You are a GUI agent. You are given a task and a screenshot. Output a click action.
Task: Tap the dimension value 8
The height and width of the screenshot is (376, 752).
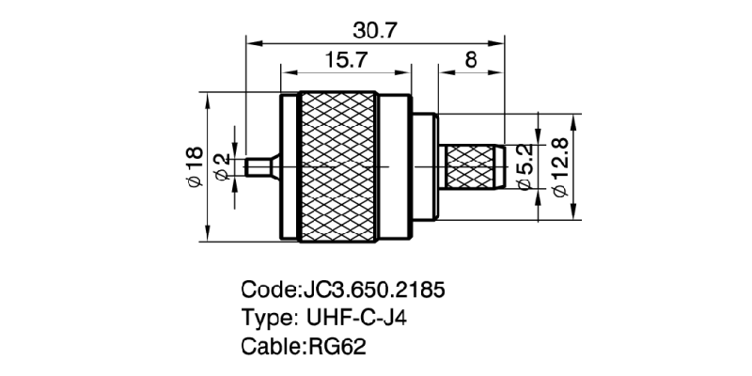pos(470,60)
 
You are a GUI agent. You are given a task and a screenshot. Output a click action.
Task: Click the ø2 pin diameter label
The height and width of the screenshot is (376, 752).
pos(222,167)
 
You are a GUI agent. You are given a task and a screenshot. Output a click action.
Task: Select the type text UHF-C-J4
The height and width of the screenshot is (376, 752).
pos(356,318)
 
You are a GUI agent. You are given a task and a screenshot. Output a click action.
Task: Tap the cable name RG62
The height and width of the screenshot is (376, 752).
pos(337,346)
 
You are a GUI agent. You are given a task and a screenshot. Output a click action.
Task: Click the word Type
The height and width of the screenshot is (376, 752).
pos(267,318)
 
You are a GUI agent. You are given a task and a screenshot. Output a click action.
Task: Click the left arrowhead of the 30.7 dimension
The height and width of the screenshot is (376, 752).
pos(250,41)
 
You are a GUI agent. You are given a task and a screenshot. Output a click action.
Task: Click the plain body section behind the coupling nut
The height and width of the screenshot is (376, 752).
pos(425,167)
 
